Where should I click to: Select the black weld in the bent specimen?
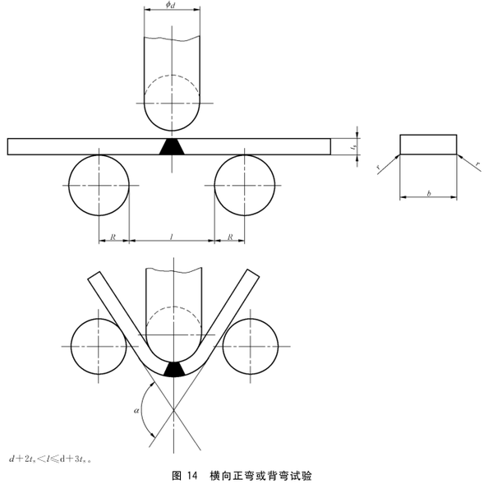tap(173, 368)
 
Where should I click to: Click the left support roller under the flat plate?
tap(99, 182)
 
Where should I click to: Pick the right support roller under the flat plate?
tap(244, 182)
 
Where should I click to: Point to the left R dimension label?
tap(113, 237)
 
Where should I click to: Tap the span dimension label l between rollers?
tap(171, 237)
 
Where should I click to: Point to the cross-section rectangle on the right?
tap(427, 144)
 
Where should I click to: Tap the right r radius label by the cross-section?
tap(477, 165)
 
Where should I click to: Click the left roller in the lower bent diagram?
tap(98, 344)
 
